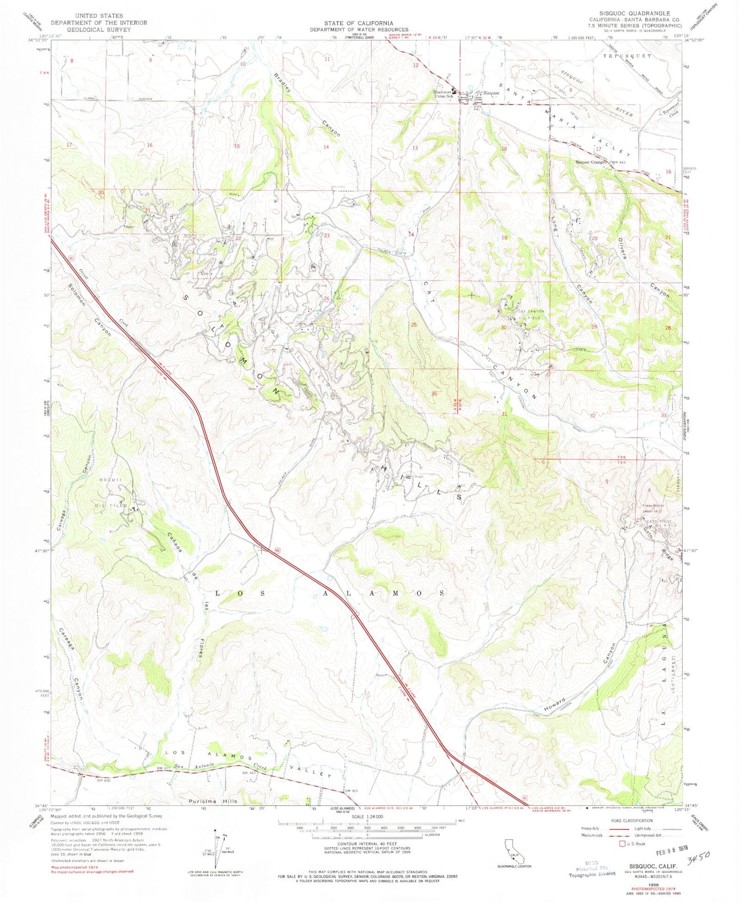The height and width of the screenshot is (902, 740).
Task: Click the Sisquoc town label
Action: [491, 93]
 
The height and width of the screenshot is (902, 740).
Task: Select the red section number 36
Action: [434, 393]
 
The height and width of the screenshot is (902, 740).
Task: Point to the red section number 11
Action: [327, 59]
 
